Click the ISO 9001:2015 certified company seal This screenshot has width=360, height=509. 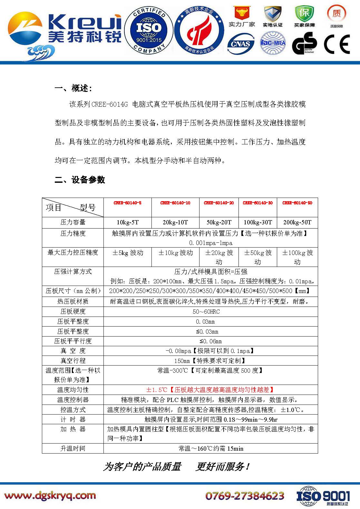coord(149,31)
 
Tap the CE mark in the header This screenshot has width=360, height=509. coord(337,44)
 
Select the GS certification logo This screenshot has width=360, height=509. coord(304,44)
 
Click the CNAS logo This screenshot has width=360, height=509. coord(240,44)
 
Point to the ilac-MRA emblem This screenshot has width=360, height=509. coord(273,43)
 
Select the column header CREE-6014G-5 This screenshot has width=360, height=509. coord(127,203)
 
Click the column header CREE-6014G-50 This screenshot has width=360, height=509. coord(297,203)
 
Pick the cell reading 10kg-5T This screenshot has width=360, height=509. coord(127,222)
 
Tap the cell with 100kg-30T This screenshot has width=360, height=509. coord(258,222)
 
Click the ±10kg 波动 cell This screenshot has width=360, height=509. coord(175,253)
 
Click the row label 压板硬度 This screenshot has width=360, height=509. coord(73,311)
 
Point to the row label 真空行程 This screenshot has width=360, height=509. coord(73,360)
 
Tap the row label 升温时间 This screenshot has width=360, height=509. coord(73,448)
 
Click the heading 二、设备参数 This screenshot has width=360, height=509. coord(80,180)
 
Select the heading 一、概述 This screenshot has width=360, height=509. coord(73,88)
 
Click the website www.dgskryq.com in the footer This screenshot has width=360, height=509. coord(50,495)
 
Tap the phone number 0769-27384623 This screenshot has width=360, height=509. coord(245,495)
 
